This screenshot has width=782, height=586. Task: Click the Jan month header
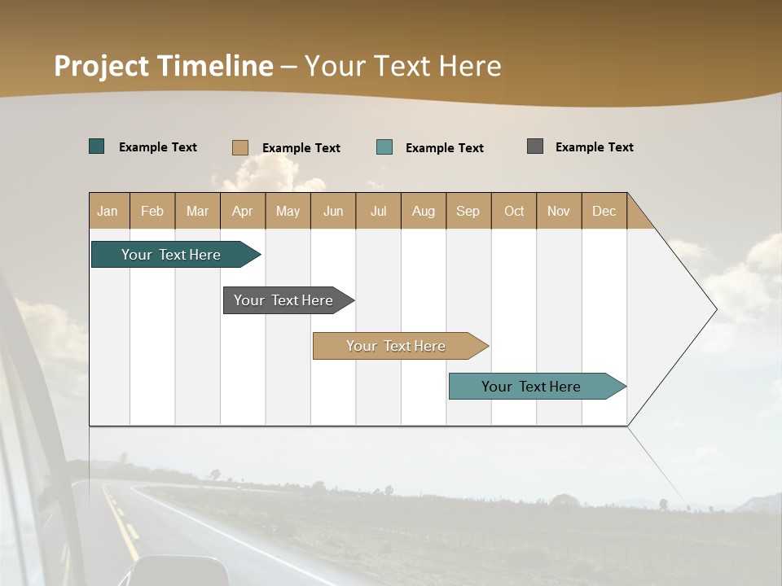(108, 211)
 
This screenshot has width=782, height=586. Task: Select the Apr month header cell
(243, 211)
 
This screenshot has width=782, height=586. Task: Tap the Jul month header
(378, 211)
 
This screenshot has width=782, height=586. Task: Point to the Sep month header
(468, 211)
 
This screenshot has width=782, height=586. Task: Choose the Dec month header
(604, 211)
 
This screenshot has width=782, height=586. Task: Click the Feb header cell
(152, 211)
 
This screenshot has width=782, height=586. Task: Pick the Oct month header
(514, 211)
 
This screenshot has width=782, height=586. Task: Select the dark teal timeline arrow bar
(172, 255)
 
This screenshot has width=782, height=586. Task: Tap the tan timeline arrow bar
(397, 346)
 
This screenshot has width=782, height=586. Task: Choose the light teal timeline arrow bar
(532, 387)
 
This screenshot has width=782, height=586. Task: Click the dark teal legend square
(97, 146)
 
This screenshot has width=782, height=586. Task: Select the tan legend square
(240, 147)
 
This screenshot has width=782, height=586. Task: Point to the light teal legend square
(384, 147)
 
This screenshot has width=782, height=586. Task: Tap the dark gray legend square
(535, 146)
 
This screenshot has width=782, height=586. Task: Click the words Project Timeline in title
(164, 66)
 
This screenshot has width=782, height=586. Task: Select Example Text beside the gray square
(594, 147)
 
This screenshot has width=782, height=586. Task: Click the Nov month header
(559, 211)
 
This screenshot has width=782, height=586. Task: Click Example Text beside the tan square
(301, 148)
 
